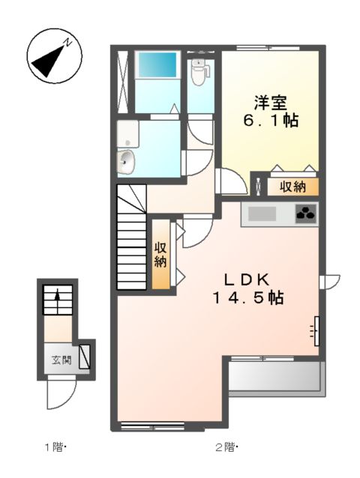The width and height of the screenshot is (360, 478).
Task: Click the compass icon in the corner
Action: pos(49,56)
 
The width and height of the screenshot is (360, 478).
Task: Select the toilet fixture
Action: pos(198,73)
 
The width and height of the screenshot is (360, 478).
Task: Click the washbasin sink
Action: pos(126,160)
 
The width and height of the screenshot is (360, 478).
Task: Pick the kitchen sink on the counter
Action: pos(262,214)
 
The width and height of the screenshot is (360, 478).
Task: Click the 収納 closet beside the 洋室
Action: pos(289,186)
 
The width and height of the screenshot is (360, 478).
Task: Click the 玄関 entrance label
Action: pos(61,360)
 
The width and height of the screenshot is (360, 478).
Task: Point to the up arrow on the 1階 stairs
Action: pos(55,300)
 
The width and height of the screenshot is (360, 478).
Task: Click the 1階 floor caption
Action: pos(55,448)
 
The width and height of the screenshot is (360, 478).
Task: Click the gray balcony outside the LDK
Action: pos(275,376)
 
